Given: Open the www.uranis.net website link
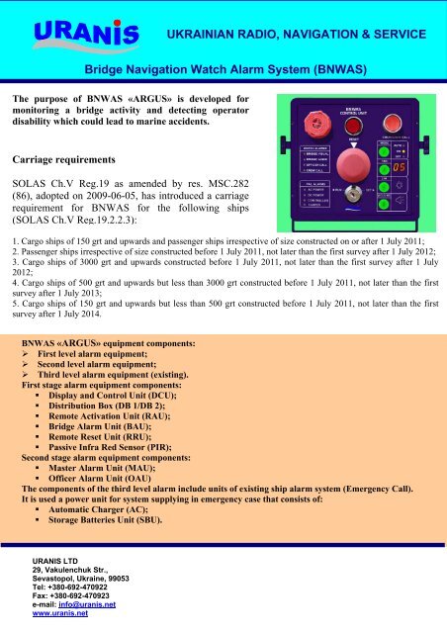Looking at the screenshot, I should pyautogui.click(x=61, y=614).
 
